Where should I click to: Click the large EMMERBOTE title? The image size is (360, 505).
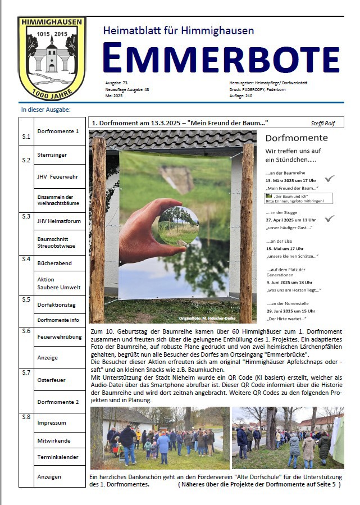[x=221, y=58]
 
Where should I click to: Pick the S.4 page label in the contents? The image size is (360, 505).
[x=26, y=260]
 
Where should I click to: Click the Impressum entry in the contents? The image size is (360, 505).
[x=52, y=422]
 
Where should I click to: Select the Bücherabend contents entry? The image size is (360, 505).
[x=54, y=263]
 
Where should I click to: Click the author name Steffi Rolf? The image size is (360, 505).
[x=322, y=123]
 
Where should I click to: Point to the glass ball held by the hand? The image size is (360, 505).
[x=178, y=226]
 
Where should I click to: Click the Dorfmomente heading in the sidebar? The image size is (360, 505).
[x=297, y=138]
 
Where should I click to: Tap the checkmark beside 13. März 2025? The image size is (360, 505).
[x=330, y=179]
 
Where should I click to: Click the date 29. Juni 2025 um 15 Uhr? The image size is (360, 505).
[x=292, y=311]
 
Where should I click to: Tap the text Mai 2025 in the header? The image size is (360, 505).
[x=114, y=95]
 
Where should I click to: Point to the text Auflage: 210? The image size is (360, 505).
[x=242, y=95]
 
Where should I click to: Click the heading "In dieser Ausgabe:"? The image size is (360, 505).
[x=46, y=110]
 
